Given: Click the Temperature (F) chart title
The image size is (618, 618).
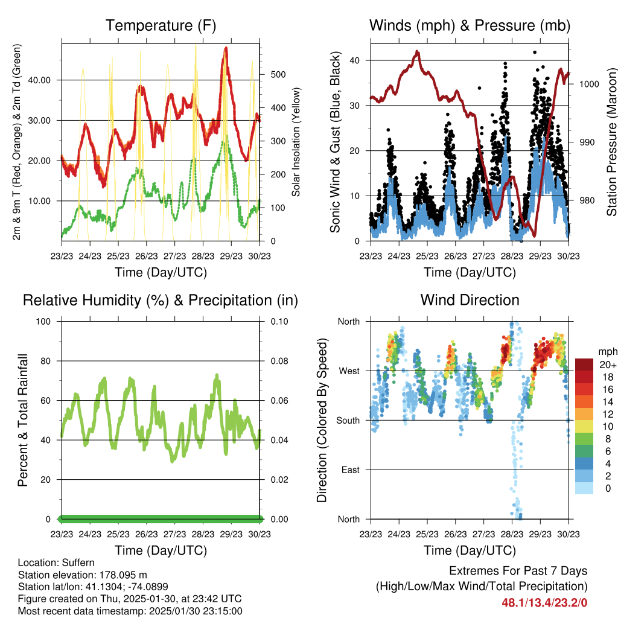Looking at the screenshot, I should pyautogui.click(x=161, y=25).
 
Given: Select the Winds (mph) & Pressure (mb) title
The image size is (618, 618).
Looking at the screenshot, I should pyautogui.click(x=470, y=25).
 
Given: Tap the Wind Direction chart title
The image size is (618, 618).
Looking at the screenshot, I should pyautogui.click(x=470, y=299).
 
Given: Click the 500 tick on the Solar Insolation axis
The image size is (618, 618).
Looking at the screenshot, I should pyautogui.click(x=276, y=74).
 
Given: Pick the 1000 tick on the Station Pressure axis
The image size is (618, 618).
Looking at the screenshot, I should pyautogui.click(x=588, y=84).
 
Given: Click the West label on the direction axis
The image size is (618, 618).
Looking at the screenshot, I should pyautogui.click(x=348, y=371).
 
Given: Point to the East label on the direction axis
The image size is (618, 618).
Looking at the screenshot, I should pyautogui.click(x=349, y=470).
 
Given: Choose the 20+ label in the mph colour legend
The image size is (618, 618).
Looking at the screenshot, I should pyautogui.click(x=607, y=365).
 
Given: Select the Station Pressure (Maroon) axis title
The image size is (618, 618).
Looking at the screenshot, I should pyautogui.click(x=611, y=142).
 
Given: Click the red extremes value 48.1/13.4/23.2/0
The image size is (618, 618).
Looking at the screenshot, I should pyautogui.click(x=544, y=602).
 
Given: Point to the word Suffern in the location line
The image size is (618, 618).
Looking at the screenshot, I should pyautogui.click(x=77, y=562).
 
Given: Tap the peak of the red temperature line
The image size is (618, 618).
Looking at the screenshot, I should pyautogui.click(x=226, y=47).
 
